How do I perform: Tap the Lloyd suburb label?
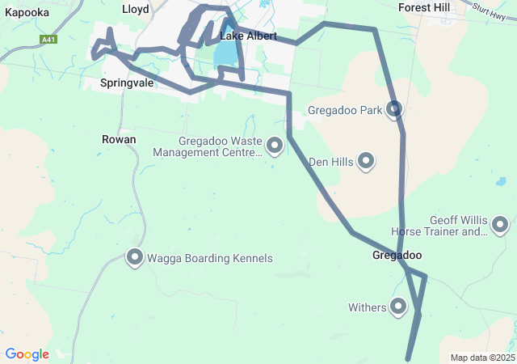(x=135, y=9)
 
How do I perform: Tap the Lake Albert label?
(x=248, y=36)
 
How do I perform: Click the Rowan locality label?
(x=119, y=139)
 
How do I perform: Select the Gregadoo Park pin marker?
(x=394, y=108)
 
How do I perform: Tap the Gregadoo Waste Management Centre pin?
(x=275, y=146)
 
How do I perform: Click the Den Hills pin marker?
(x=367, y=161)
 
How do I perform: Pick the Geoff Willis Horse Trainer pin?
(x=500, y=224)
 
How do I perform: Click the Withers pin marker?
(x=398, y=306)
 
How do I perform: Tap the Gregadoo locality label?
(x=397, y=256)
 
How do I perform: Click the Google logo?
(x=27, y=354)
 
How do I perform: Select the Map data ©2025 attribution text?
(x=482, y=358)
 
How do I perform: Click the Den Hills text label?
(x=331, y=162)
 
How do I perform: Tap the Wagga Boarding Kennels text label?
(x=210, y=259)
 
